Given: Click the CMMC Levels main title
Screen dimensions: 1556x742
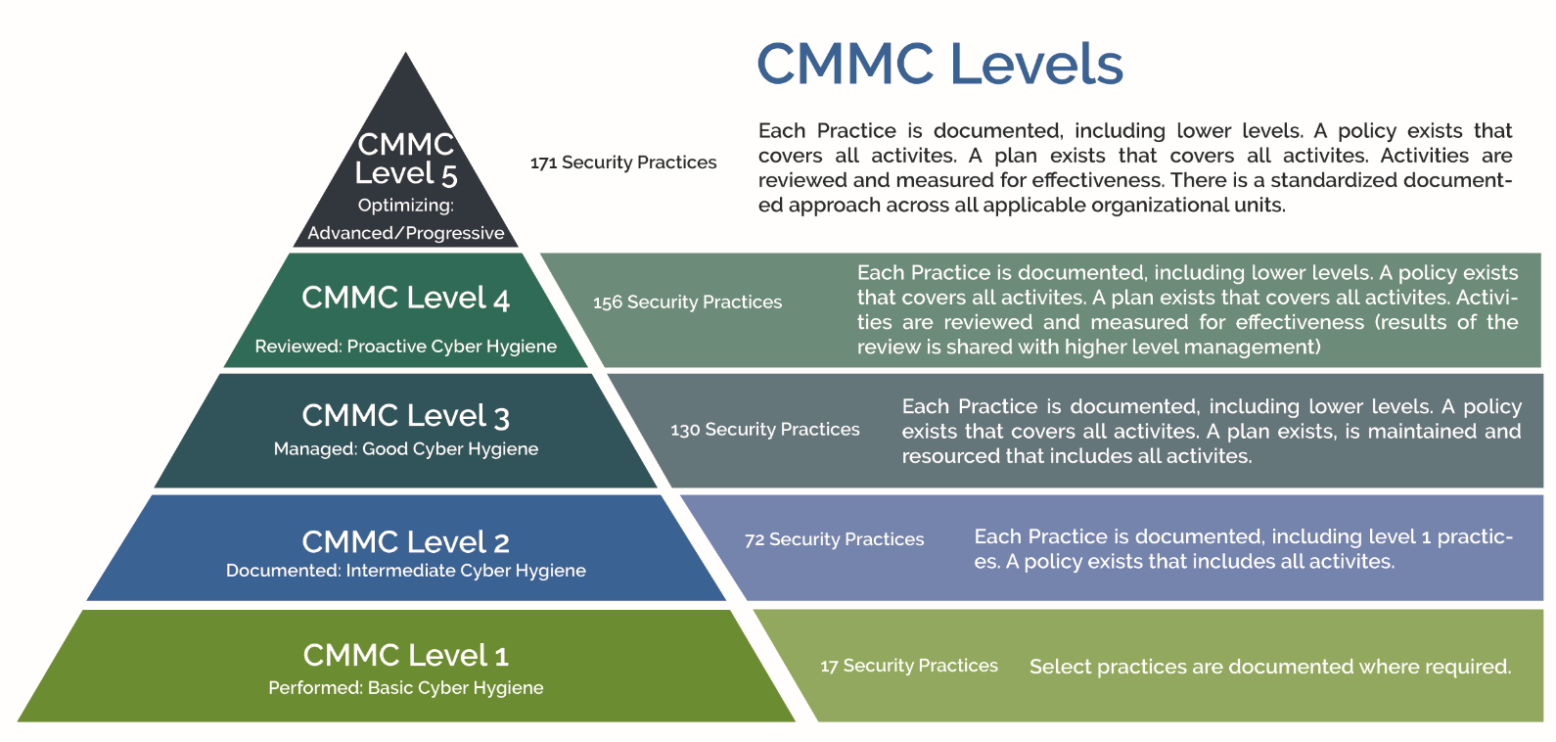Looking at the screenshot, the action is [939, 64].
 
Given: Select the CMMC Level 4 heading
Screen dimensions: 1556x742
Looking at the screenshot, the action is [406, 298].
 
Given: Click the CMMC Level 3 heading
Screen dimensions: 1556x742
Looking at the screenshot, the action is [406, 416].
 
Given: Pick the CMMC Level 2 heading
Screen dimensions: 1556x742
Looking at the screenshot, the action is [406, 542].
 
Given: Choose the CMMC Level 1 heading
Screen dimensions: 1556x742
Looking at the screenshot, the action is [406, 655].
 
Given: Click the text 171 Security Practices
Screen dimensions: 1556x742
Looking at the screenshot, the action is [623, 162].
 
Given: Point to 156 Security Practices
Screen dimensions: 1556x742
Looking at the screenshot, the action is [687, 302].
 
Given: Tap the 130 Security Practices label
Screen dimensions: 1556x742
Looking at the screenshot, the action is [765, 430].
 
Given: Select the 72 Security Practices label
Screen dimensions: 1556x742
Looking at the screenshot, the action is [834, 539].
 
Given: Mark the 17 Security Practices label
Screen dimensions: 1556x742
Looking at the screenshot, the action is [908, 666].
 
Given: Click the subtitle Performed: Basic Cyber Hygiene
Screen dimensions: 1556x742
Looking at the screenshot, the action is [406, 688].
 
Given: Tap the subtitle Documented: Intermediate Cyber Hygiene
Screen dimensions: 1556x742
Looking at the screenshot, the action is [406, 571].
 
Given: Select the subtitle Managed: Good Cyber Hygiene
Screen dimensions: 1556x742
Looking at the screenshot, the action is [406, 448].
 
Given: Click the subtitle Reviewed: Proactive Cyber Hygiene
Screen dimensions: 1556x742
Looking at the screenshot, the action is [406, 346].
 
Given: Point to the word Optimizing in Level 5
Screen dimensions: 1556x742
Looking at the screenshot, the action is [406, 206].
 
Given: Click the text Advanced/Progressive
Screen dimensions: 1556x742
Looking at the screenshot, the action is [406, 233].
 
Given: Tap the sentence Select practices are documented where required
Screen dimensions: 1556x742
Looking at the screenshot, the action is [1270, 667].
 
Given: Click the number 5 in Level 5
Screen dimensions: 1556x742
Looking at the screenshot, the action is [449, 176].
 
